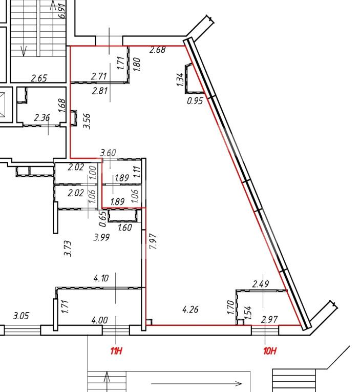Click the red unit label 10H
pyautogui.click(x=270, y=351)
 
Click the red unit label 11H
pyautogui.click(x=116, y=351)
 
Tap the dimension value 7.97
pyautogui.click(x=153, y=241)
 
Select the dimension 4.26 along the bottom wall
pyautogui.click(x=190, y=310)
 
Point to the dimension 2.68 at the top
pyautogui.click(x=157, y=50)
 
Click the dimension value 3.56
pyautogui.click(x=87, y=121)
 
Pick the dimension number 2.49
pyautogui.click(x=261, y=284)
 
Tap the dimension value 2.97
pyautogui.click(x=269, y=320)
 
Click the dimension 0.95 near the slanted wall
pyautogui.click(x=195, y=101)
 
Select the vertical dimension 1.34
pyautogui.click(x=180, y=79)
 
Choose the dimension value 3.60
pyautogui.click(x=108, y=153)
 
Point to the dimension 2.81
pyautogui.click(x=100, y=91)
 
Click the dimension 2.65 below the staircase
pyautogui.click(x=39, y=78)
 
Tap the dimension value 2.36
pyautogui.click(x=42, y=117)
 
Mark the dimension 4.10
pyautogui.click(x=101, y=278)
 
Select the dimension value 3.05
pyautogui.click(x=21, y=316)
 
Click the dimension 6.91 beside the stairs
pyautogui.click(x=61, y=11)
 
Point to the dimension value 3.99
pyautogui.click(x=101, y=237)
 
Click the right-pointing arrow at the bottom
pyautogui.click(x=196, y=383)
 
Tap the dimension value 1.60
pyautogui.click(x=124, y=228)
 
